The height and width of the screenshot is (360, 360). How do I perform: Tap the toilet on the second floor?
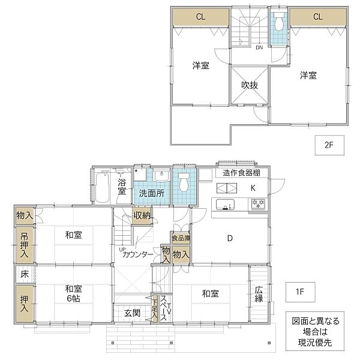point(278,23)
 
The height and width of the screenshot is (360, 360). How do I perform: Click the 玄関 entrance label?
point(133,313)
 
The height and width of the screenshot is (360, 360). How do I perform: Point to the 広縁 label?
point(259,295)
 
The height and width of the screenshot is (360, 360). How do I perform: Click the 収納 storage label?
point(142,215)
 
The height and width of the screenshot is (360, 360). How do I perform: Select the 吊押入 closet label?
point(24,245)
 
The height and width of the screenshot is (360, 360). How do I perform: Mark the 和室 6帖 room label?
point(74,293)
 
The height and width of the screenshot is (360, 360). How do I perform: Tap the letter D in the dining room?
point(229,238)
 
